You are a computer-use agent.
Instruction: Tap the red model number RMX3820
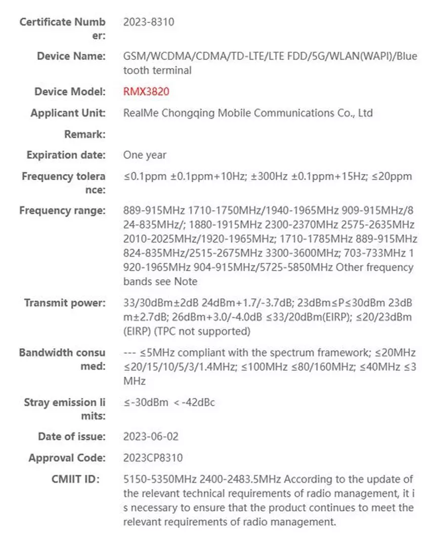coord(146,92)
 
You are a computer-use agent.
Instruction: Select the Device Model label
coord(70,92)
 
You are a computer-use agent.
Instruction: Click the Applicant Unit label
coord(68,113)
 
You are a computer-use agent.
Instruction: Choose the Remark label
coord(84,134)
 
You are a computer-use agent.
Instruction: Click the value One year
coord(145,155)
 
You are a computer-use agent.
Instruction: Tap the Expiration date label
coord(66,155)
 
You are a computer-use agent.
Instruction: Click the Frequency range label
coord(62,210)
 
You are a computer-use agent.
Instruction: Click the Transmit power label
coord(65,303)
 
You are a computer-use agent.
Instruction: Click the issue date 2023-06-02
coord(151,436)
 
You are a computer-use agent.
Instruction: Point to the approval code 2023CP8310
coord(153,458)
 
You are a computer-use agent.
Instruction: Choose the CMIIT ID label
coord(76,479)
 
